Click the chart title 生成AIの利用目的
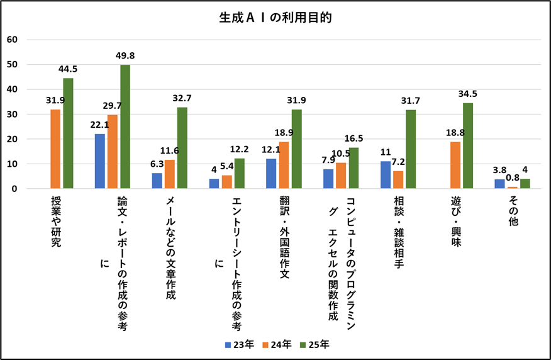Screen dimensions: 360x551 (275, 18)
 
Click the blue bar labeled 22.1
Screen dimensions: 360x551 (100, 161)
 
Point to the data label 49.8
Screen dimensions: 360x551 (125, 56)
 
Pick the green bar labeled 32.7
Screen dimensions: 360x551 (182, 148)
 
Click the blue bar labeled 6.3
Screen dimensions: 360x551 (157, 181)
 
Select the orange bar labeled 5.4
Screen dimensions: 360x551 (227, 182)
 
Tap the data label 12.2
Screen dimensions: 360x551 (240, 149)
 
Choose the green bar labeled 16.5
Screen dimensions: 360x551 (353, 168)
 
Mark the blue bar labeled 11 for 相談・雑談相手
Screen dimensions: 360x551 (386, 175)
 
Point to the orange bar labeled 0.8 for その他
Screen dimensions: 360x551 (513, 188)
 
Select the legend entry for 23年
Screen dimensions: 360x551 (239, 344)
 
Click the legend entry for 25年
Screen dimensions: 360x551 (314, 344)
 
